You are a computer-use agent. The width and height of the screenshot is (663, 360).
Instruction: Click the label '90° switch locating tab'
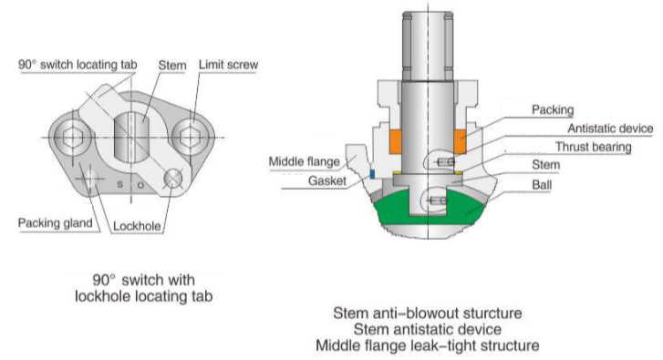(78, 65)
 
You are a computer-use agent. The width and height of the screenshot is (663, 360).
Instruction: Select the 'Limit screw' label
(228, 65)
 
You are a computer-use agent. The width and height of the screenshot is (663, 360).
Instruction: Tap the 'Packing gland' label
(56, 222)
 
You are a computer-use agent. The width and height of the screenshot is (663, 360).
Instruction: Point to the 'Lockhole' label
(137, 226)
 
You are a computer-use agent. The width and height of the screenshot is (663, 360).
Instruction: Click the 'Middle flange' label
(305, 161)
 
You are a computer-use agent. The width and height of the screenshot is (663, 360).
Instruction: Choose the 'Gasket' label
(327, 180)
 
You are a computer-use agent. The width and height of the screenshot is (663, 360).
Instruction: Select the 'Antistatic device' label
(610, 129)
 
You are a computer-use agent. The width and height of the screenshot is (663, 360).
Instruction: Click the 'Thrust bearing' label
(593, 147)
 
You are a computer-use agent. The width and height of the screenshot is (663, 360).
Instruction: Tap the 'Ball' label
(542, 185)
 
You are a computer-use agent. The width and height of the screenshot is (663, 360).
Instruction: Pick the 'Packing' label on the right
(553, 110)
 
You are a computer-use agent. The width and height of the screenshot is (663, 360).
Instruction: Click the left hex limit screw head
(72, 138)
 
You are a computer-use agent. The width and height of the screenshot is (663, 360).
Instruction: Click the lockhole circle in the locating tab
(173, 179)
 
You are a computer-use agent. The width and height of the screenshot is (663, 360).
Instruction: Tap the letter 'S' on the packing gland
(120, 185)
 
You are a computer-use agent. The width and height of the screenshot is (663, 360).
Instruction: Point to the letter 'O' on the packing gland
(140, 185)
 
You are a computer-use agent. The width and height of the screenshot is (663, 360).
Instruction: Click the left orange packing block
(396, 141)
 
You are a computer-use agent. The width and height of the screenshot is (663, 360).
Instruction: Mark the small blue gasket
(372, 174)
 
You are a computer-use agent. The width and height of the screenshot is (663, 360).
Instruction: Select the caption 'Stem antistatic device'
(428, 329)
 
